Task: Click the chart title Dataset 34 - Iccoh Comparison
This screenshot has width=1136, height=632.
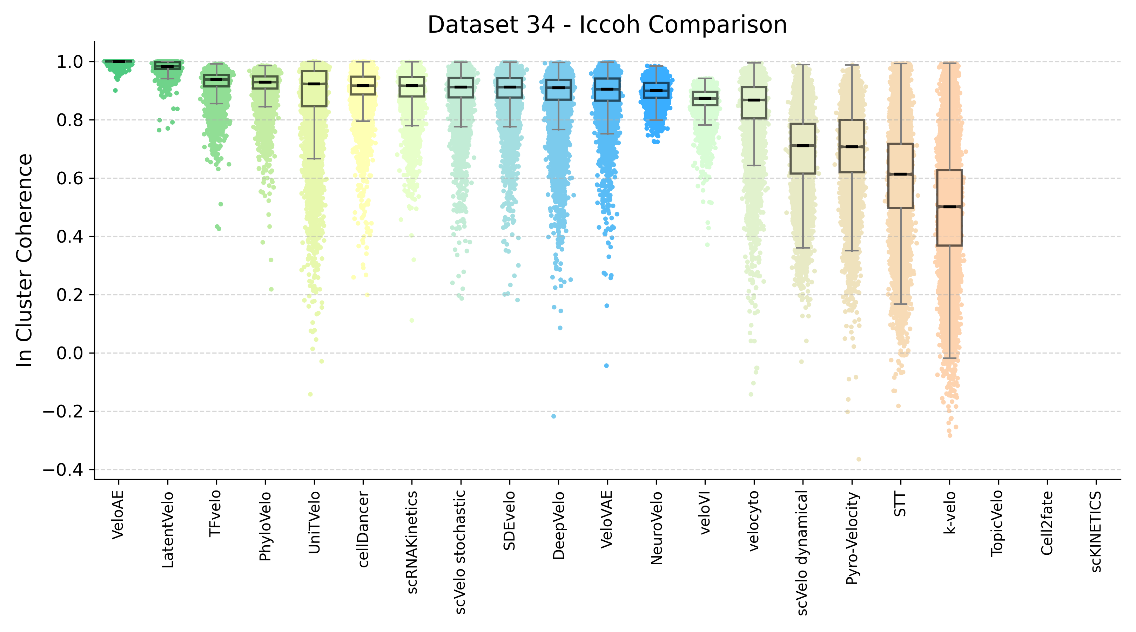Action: pos(607,25)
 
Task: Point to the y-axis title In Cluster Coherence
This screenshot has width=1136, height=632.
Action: pos(25,261)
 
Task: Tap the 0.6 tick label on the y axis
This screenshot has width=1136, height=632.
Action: pos(70,178)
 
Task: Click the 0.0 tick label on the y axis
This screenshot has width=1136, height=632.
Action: pos(70,353)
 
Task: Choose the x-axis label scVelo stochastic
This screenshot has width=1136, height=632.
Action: pos(461,552)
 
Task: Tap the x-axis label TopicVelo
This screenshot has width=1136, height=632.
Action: pos(998,524)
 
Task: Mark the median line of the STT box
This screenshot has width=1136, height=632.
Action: pos(900,175)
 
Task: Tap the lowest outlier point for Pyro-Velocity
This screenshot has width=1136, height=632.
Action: pos(859,460)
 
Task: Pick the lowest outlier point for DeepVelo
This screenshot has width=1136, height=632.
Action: pos(553,416)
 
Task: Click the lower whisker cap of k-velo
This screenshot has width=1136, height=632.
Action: pos(949,358)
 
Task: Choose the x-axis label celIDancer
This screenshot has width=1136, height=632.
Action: pos(363,529)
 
